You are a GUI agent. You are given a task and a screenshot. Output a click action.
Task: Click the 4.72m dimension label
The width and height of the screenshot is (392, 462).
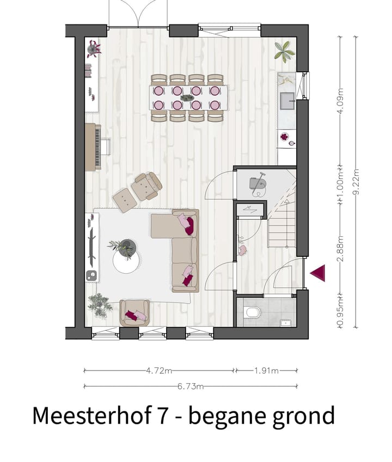(x=159, y=371)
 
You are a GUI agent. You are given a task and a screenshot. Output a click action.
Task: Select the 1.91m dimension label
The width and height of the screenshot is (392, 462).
(x=266, y=371)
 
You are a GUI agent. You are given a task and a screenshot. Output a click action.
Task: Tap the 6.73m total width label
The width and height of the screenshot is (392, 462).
(x=191, y=387)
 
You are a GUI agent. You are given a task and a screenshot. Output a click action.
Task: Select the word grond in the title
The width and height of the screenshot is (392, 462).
(x=302, y=416)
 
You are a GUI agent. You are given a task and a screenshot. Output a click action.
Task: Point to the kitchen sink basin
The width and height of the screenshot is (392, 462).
(x=286, y=100)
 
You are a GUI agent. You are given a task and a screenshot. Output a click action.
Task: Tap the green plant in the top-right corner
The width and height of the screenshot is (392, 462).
(x=284, y=51)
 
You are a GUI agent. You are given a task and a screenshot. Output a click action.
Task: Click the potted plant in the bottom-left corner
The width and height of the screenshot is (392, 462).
(x=100, y=305)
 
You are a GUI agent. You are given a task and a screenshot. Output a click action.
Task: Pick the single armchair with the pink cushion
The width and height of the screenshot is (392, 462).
(x=134, y=312)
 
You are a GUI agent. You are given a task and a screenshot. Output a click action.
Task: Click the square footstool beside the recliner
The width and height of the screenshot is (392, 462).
(x=125, y=200)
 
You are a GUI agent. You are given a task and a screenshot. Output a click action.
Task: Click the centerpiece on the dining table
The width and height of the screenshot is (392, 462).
(x=187, y=98)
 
